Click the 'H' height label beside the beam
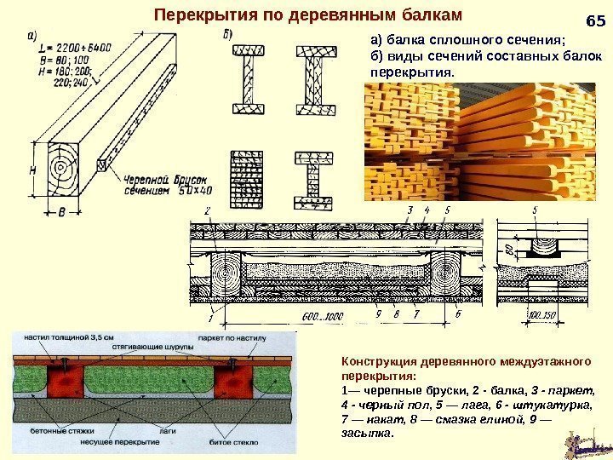coord(33,170)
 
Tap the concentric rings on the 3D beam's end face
coord(64,166)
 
